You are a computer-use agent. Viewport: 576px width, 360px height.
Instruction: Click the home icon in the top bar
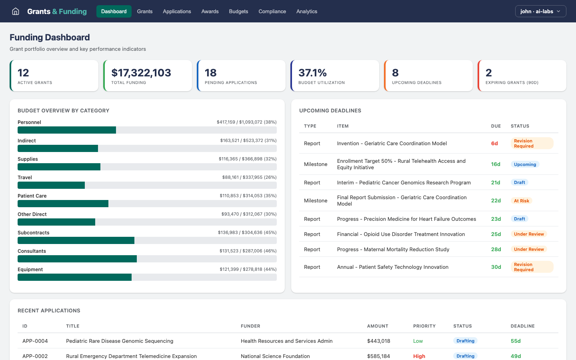click(x=16, y=11)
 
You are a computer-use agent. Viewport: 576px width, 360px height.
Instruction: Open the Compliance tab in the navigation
click(x=272, y=11)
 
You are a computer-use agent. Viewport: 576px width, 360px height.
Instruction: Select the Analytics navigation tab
click(x=307, y=11)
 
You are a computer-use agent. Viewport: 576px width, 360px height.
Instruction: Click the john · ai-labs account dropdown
click(x=540, y=11)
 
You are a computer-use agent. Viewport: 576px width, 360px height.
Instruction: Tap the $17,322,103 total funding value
click(x=141, y=73)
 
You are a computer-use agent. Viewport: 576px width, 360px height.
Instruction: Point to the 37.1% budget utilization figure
click(x=312, y=73)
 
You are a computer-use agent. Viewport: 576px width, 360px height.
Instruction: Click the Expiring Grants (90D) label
click(x=512, y=83)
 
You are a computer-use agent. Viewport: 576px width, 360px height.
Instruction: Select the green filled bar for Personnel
click(x=67, y=130)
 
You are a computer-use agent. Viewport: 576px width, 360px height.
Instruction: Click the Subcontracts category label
click(x=34, y=233)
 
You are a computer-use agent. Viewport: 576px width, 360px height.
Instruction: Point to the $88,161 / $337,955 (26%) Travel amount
click(x=249, y=177)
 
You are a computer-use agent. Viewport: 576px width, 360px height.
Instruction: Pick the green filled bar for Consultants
click(x=77, y=259)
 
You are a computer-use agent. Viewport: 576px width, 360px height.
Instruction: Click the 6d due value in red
click(x=494, y=144)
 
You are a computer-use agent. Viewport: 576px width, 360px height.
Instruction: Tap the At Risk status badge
click(x=521, y=201)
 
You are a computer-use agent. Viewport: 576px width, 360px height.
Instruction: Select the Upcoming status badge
click(x=525, y=164)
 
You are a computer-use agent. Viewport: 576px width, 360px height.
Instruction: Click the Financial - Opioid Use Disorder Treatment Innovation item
click(x=401, y=234)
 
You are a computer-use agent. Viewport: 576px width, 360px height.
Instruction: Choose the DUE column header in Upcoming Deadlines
click(x=496, y=126)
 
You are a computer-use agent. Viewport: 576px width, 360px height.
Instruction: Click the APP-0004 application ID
click(x=35, y=341)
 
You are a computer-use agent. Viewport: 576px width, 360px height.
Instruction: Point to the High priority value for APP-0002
click(x=419, y=356)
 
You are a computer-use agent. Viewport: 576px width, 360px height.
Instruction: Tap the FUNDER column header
click(x=250, y=326)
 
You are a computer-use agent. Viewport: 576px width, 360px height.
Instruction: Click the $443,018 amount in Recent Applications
click(x=378, y=341)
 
